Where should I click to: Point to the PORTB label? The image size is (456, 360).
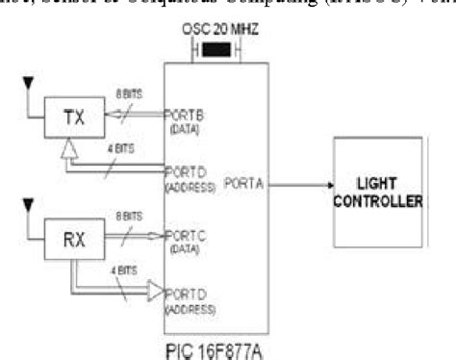coord(187,115)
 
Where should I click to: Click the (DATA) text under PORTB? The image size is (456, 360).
coord(185,128)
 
